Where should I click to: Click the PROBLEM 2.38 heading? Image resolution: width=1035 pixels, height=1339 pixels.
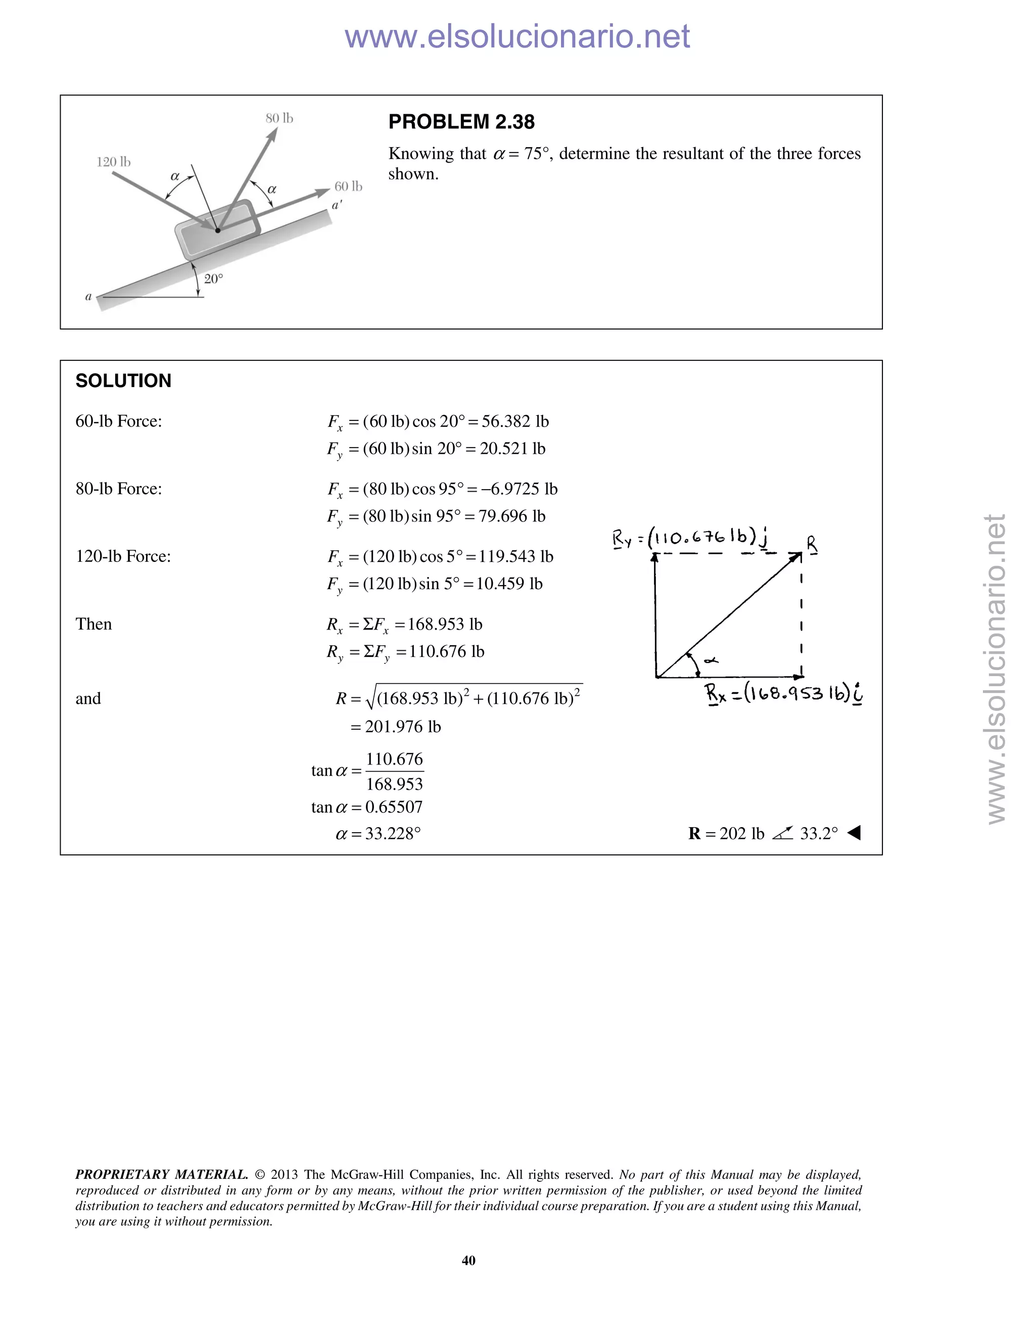click(461, 122)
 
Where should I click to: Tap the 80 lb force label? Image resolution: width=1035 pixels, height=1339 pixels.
click(279, 118)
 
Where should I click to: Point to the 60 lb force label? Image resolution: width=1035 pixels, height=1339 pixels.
click(348, 186)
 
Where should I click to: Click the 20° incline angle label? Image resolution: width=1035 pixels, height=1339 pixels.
click(213, 279)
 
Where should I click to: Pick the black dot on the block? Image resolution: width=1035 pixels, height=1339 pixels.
click(218, 230)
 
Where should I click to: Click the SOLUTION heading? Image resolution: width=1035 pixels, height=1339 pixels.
click(123, 381)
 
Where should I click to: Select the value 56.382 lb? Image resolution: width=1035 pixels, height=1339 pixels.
click(515, 421)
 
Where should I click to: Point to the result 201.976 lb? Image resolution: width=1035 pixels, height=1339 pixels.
click(403, 727)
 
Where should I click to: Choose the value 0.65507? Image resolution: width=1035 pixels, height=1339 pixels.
click(394, 807)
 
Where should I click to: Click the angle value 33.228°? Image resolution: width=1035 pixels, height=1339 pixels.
click(392, 834)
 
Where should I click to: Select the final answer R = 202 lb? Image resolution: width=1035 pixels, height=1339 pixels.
click(727, 834)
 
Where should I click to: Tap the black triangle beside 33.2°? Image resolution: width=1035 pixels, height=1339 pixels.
click(854, 833)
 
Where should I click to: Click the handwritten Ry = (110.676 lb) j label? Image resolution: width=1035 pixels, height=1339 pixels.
click(690, 538)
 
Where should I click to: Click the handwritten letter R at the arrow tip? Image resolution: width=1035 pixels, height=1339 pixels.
click(811, 543)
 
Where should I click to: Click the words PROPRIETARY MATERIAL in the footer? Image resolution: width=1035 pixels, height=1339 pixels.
click(161, 1174)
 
